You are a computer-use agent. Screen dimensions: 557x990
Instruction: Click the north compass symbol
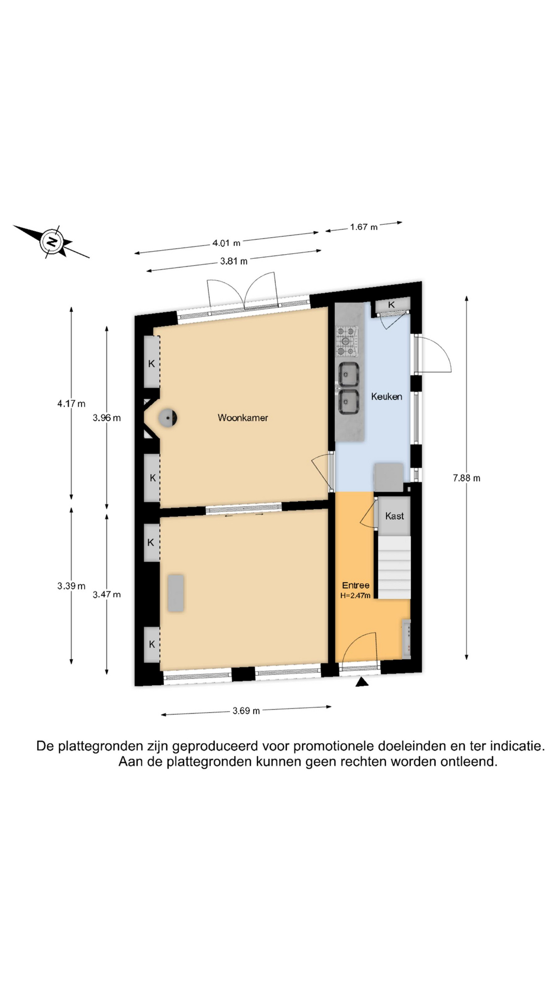point(52,241)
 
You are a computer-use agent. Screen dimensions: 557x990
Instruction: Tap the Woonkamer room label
point(243,418)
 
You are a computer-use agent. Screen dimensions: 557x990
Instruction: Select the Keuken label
point(386,397)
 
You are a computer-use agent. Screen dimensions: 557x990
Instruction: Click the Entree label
point(356,585)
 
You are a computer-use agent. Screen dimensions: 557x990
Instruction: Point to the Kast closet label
point(395,516)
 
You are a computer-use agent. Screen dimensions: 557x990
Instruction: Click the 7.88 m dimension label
point(466,478)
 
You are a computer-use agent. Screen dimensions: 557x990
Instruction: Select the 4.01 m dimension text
point(226,243)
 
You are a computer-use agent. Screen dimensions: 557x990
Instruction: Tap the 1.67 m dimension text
point(364,227)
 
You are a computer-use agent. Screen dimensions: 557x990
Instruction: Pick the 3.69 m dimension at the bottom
point(246,711)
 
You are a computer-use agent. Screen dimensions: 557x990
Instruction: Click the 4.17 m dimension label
point(71,404)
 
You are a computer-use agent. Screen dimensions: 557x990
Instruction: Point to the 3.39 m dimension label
point(71,586)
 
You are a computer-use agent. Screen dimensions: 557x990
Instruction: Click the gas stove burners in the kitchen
point(347,341)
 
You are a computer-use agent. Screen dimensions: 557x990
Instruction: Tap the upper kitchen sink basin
point(349,374)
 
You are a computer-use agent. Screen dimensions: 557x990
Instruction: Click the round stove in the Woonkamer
point(168,418)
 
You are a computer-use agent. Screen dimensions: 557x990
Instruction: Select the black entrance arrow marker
point(363,682)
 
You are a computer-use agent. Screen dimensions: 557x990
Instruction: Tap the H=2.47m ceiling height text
point(355,596)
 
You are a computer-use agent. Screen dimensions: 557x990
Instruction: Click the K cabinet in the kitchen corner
point(391,305)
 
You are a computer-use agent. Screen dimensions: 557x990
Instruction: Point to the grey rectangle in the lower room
point(175,593)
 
